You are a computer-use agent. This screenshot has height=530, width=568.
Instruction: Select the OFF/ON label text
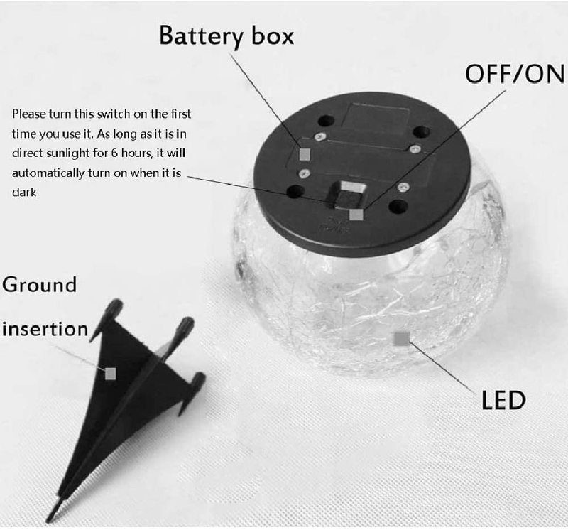515,73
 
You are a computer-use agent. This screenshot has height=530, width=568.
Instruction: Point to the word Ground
39,285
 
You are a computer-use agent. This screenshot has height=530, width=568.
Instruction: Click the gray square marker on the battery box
305,153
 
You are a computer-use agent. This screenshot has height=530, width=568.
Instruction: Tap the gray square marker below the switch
356,213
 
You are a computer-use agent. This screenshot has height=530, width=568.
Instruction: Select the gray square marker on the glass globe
402,338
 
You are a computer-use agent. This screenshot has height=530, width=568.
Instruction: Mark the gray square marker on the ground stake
110,373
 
